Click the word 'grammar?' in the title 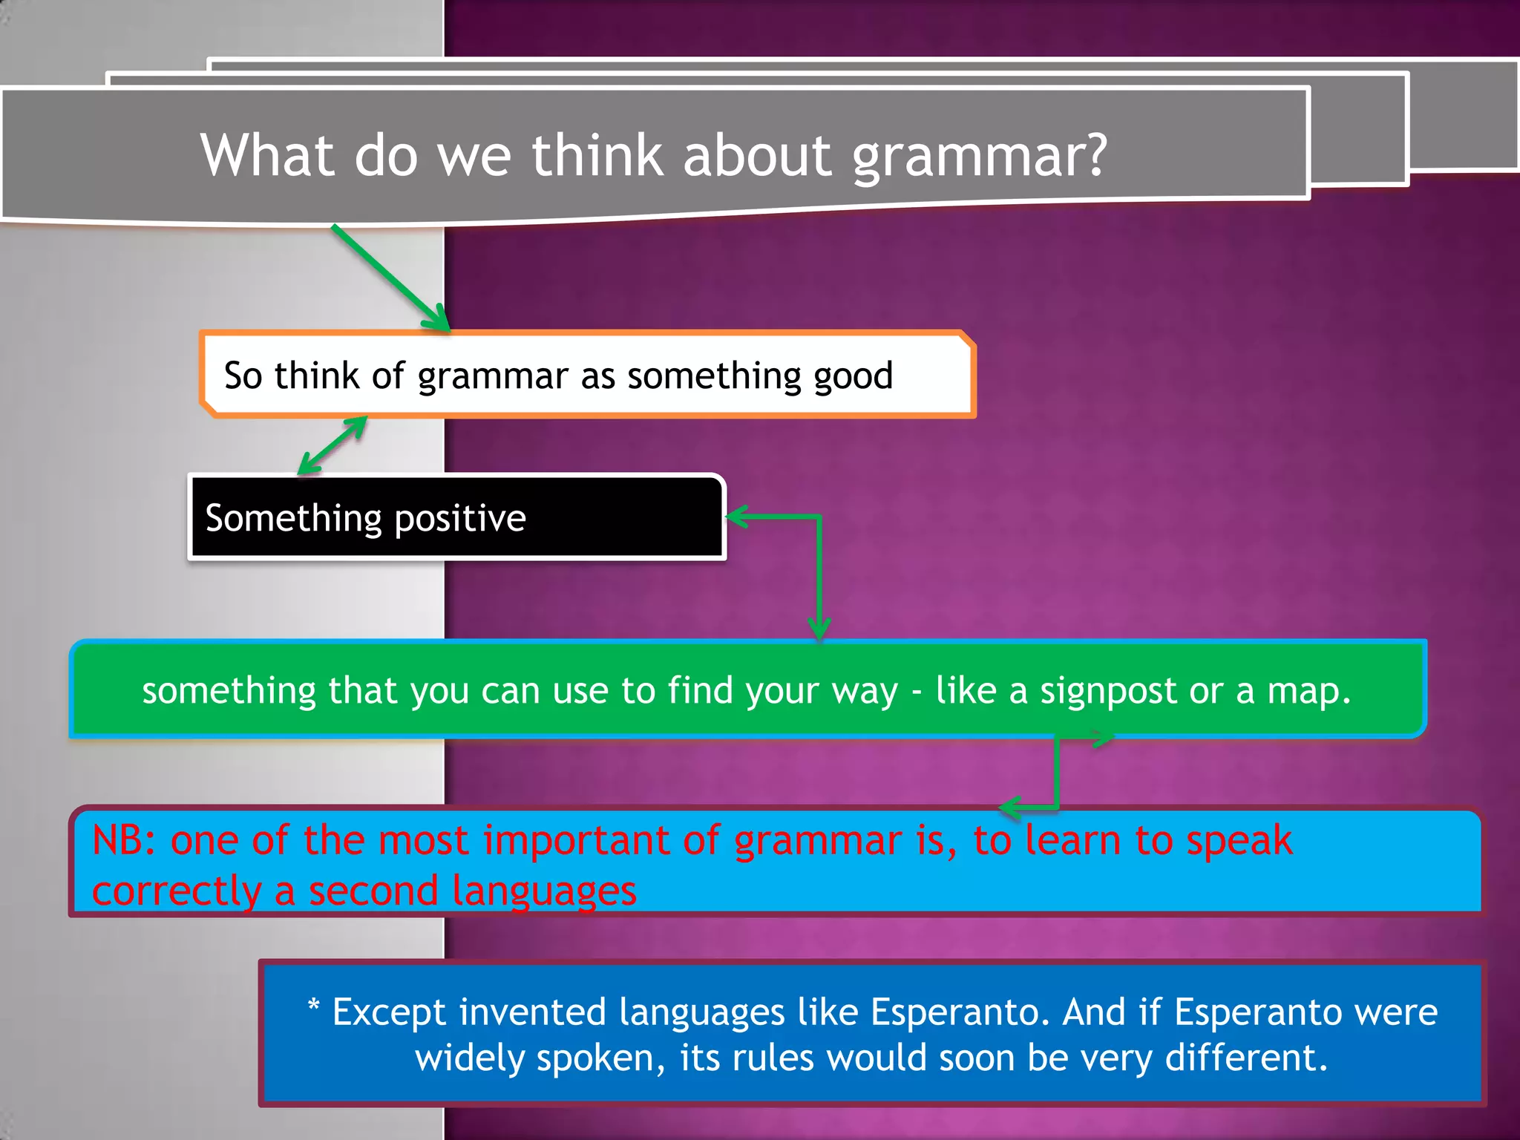coord(979,157)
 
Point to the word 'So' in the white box coord(243,376)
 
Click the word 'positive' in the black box coord(460,519)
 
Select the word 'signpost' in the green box coord(1107,692)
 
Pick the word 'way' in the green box coord(865,692)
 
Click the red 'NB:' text coord(124,841)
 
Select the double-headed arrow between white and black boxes coord(332,446)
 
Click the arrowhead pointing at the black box coord(735,517)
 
